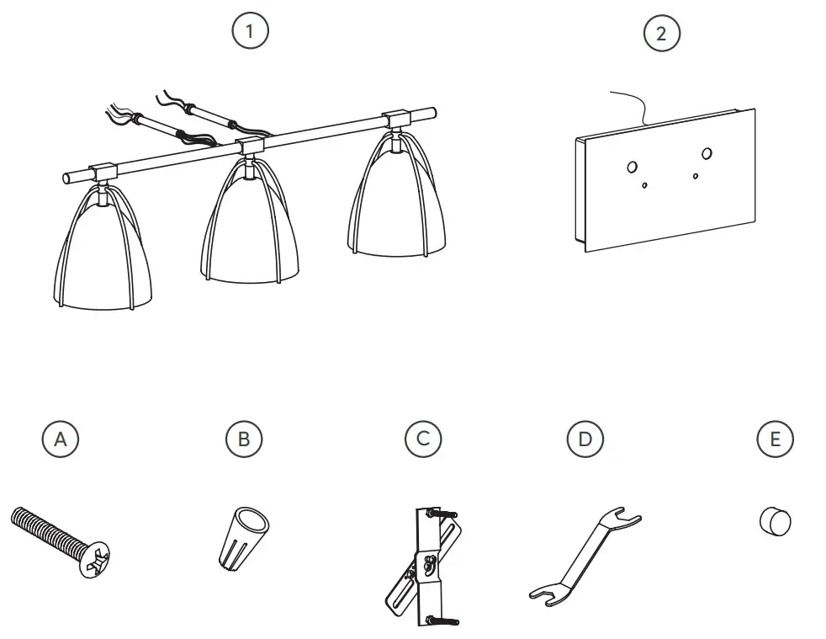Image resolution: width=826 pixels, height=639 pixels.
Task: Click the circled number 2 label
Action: coord(662,33)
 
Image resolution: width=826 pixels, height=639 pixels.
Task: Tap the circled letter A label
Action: coord(61,439)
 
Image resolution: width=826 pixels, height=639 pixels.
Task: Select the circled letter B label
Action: coord(244,439)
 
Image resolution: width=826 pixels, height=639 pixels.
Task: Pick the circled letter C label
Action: coord(423,439)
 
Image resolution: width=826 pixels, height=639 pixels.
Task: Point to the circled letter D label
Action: coord(585,439)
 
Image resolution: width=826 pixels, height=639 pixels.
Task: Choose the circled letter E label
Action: coord(775,439)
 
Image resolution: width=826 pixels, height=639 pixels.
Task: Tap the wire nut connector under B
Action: coord(243,538)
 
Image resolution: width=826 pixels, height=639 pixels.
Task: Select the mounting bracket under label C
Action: coord(423,567)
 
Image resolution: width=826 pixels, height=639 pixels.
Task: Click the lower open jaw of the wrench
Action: coord(547,594)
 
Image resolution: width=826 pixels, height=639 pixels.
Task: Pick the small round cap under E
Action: coord(776,521)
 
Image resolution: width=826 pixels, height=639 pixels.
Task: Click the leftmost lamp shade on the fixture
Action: coord(103,247)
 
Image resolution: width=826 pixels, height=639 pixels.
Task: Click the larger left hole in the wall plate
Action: coord(633,168)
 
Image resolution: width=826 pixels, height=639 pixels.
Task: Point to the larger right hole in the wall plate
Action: coord(707,153)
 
